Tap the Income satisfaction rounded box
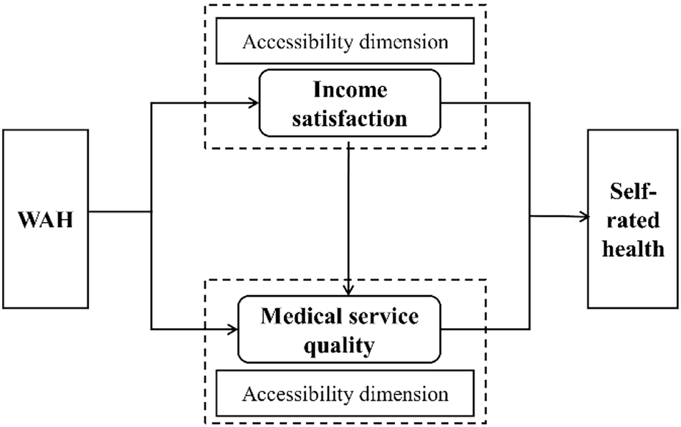point(351,102)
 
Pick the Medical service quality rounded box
point(339,332)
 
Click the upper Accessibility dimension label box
point(346,41)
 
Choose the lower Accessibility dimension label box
point(346,393)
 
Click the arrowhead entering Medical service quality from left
point(232,330)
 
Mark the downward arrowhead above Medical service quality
point(348,290)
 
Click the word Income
point(351,90)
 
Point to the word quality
point(339,346)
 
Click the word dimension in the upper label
point(402,41)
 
